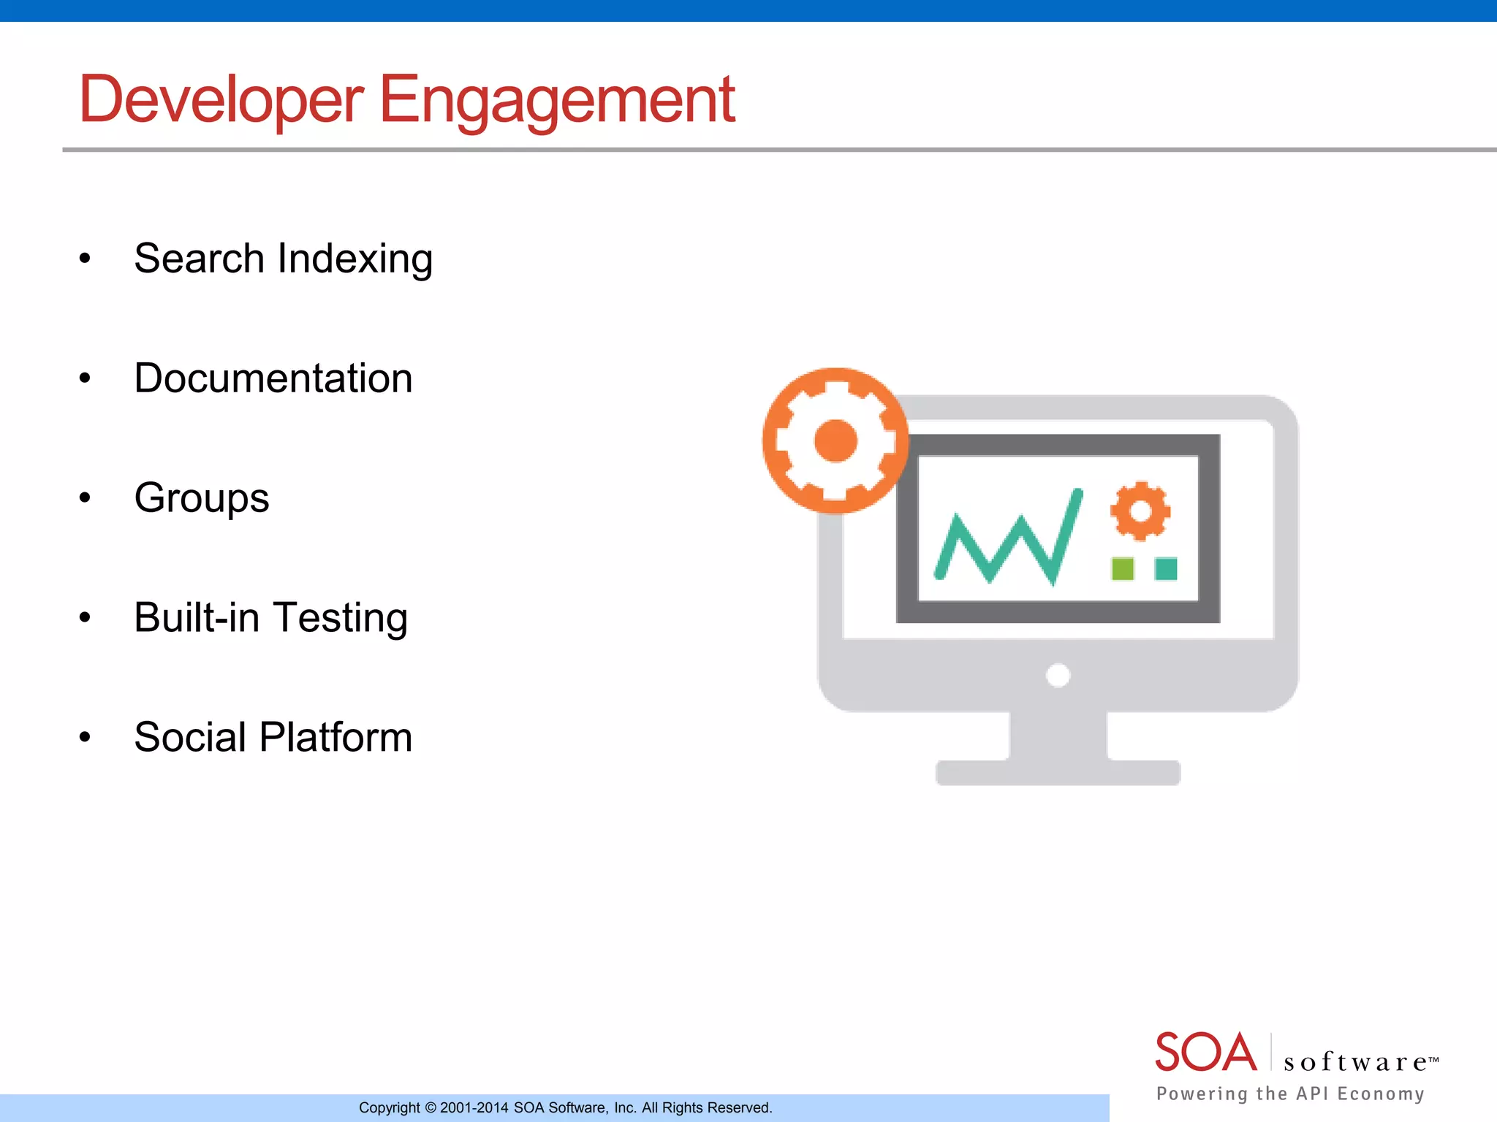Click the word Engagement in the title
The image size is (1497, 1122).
point(557,101)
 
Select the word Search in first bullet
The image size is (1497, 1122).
point(199,259)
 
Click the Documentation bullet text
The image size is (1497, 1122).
point(273,378)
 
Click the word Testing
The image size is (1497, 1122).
point(341,619)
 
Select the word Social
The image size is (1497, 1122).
point(190,737)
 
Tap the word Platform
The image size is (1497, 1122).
point(336,738)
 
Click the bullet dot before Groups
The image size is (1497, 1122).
point(86,498)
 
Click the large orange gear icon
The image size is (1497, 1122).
point(835,440)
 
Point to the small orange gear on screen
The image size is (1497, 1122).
point(1140,511)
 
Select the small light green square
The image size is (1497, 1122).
point(1122,568)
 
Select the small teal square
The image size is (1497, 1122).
point(1166,568)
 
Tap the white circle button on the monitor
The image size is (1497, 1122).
point(1058,675)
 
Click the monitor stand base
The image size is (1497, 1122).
point(1058,773)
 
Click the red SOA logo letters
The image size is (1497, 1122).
point(1205,1053)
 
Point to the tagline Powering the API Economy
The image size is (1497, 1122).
point(1290,1094)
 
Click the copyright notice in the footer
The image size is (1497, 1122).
point(565,1107)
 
